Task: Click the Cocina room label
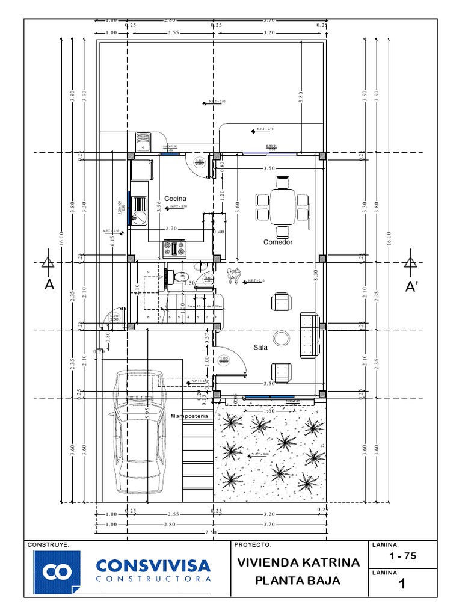pos(175,199)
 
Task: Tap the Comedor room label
pos(278,242)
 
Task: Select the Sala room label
pos(260,347)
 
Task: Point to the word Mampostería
pos(189,416)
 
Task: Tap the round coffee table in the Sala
pos(280,339)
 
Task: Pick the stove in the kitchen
pos(174,247)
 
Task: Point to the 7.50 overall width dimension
pos(211,532)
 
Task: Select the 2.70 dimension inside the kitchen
pos(171,229)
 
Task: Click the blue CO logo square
pos(57,571)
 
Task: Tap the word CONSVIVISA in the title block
pos(153,565)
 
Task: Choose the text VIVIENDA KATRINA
pos(298,563)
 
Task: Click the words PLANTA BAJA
pos(298,581)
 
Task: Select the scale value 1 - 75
pos(402,556)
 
